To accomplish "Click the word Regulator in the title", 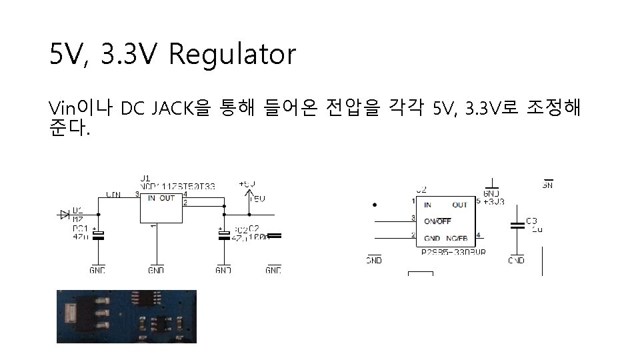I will pos(231,55).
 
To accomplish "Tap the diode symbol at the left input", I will pos(65,214).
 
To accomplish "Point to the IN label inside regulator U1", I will pos(152,198).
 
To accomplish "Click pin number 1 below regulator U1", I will pos(153,226).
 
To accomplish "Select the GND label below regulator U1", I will pos(156,270).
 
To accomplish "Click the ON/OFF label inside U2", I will pos(438,221).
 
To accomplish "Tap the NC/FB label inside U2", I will pos(457,237).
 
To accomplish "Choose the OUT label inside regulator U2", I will pos(459,205).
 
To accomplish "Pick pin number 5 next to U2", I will pos(479,201).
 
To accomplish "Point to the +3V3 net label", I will pos(494,201).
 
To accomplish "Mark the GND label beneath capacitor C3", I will pos(517,260).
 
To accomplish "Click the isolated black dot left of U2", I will pos(375,205).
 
